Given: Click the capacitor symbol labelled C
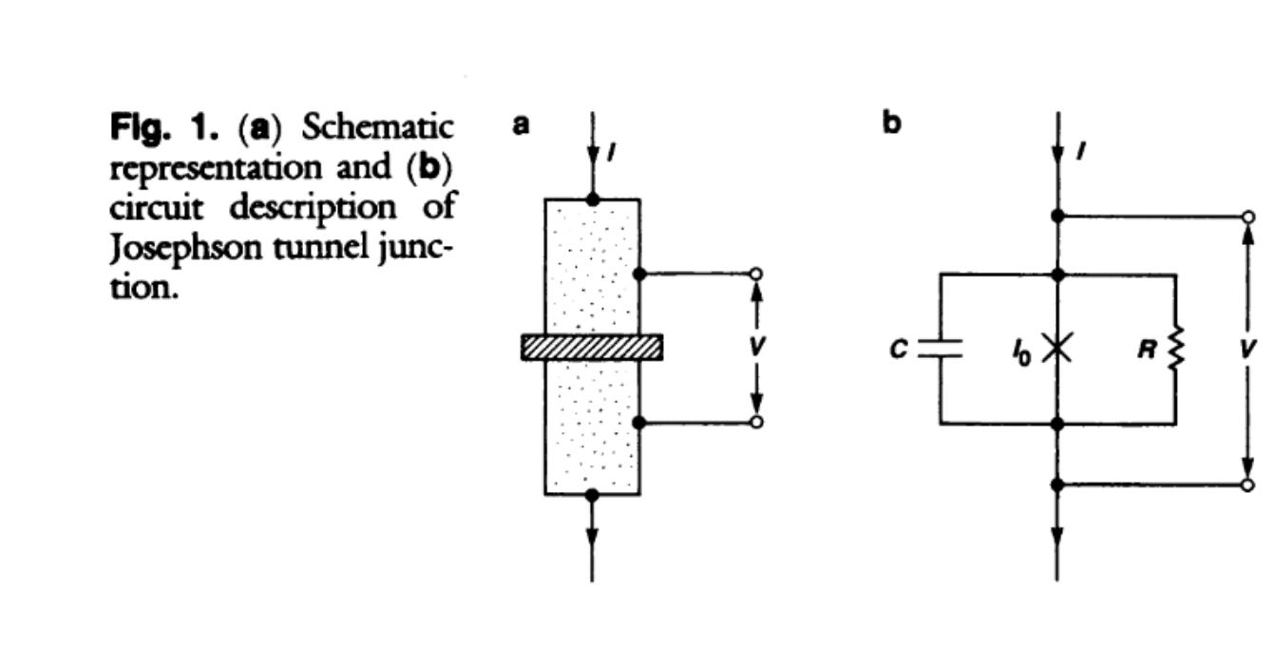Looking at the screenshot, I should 941,349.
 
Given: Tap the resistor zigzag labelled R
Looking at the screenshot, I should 1176,350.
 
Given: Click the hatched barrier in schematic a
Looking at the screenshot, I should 591,348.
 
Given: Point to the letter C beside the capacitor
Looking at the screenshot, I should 897,350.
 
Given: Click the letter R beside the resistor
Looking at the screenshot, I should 1146,350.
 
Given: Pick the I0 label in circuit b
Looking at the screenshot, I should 1019,352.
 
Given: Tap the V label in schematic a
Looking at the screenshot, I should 756,347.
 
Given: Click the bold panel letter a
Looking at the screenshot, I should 521,124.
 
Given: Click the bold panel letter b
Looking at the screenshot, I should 890,124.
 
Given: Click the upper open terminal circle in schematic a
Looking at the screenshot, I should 756,275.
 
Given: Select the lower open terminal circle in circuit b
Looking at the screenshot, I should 1247,485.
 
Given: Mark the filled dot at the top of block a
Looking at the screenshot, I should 592,199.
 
